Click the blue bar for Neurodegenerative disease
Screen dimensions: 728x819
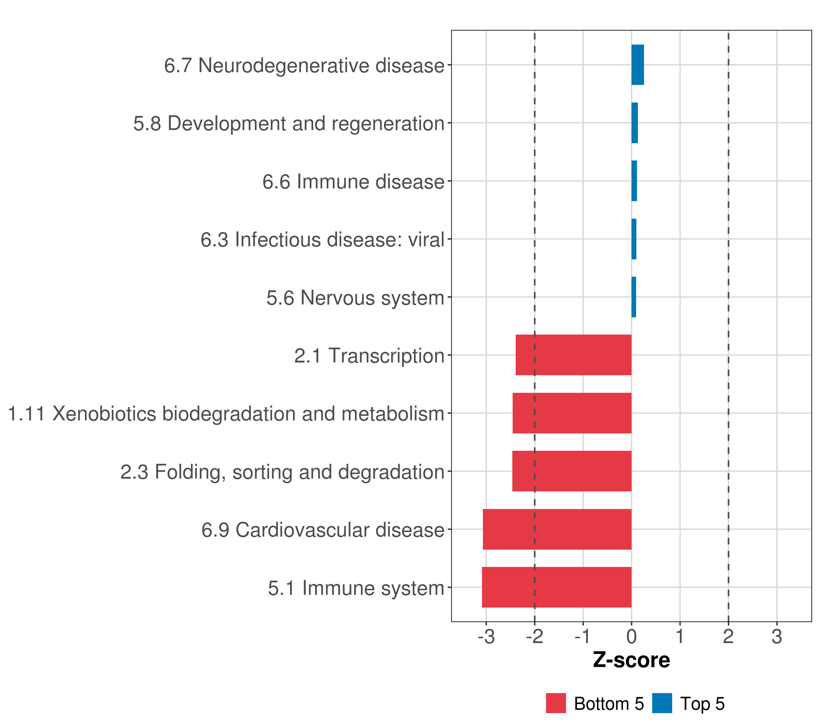click(x=638, y=65)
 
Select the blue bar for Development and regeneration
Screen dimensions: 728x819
click(x=635, y=123)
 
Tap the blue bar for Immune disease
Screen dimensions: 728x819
click(x=634, y=181)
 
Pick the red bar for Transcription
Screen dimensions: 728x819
click(x=573, y=355)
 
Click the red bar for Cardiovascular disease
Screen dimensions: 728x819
click(x=557, y=529)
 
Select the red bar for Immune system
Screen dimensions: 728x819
click(x=557, y=587)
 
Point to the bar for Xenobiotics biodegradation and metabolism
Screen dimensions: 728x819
click(x=572, y=413)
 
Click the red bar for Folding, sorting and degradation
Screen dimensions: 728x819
click(x=572, y=471)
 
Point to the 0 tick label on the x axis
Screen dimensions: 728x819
click(x=632, y=637)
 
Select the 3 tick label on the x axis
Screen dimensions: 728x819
click(x=777, y=637)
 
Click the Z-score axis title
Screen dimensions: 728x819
click(x=632, y=660)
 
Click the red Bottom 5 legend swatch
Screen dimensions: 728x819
click(x=556, y=703)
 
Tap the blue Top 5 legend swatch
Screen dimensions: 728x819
click(x=662, y=703)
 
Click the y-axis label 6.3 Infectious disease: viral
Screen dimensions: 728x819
click(x=322, y=240)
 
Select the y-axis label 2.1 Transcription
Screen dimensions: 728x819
click(x=369, y=356)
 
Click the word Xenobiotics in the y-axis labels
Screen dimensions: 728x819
click(x=104, y=414)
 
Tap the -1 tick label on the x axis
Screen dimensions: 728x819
click(x=583, y=637)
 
